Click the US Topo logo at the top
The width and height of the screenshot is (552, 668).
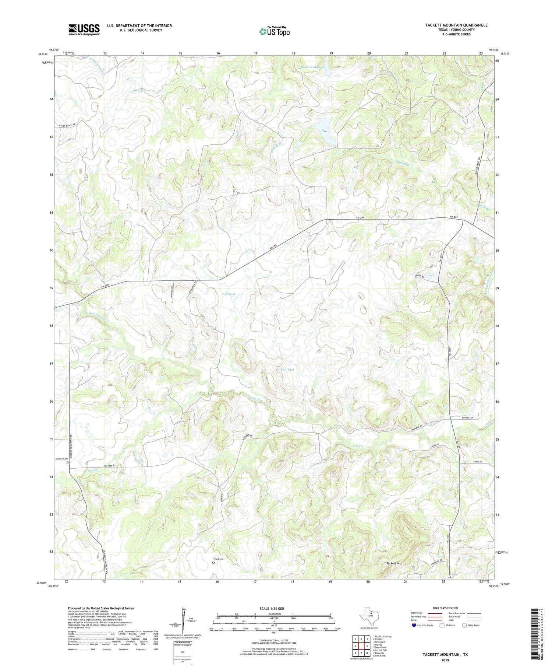[x=274, y=31]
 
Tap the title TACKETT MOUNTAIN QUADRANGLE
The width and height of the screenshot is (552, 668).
[x=451, y=25]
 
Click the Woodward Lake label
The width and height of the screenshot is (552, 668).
[x=311, y=67]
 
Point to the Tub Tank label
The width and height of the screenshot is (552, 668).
[x=229, y=294]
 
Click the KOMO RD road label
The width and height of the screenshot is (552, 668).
[x=476, y=462]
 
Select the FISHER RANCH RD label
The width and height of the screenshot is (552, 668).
[x=69, y=126]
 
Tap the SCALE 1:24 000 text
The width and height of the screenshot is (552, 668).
[x=271, y=608]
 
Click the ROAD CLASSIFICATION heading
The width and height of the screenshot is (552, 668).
[x=445, y=608]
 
